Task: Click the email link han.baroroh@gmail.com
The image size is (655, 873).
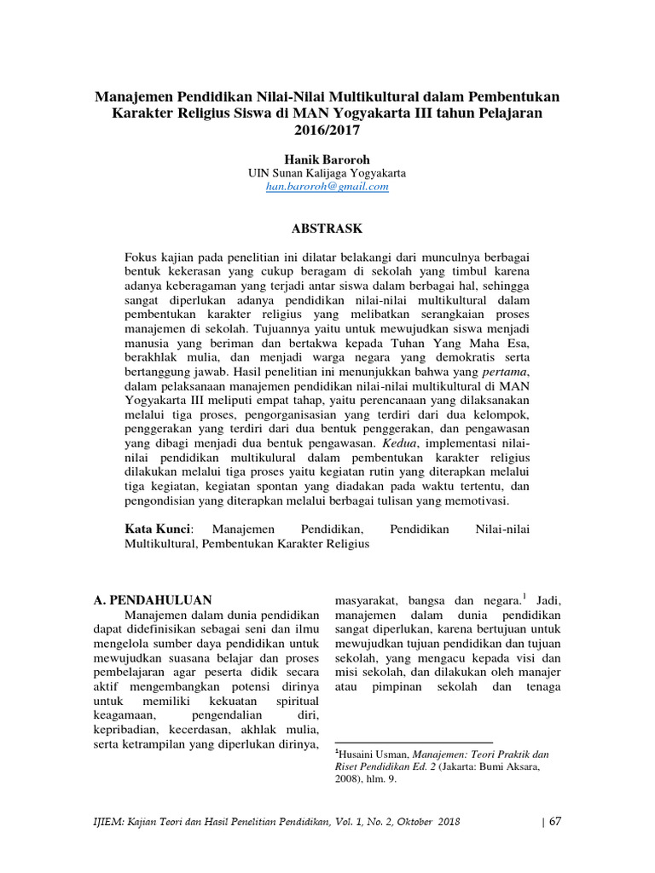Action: [327, 187]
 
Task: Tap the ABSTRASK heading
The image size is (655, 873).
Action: [327, 228]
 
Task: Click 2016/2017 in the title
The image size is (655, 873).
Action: [327, 130]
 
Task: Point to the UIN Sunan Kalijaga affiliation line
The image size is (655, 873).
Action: [327, 172]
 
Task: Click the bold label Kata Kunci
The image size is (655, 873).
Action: [159, 530]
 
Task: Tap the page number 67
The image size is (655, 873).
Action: [554, 822]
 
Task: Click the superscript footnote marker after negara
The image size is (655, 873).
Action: [525, 595]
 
